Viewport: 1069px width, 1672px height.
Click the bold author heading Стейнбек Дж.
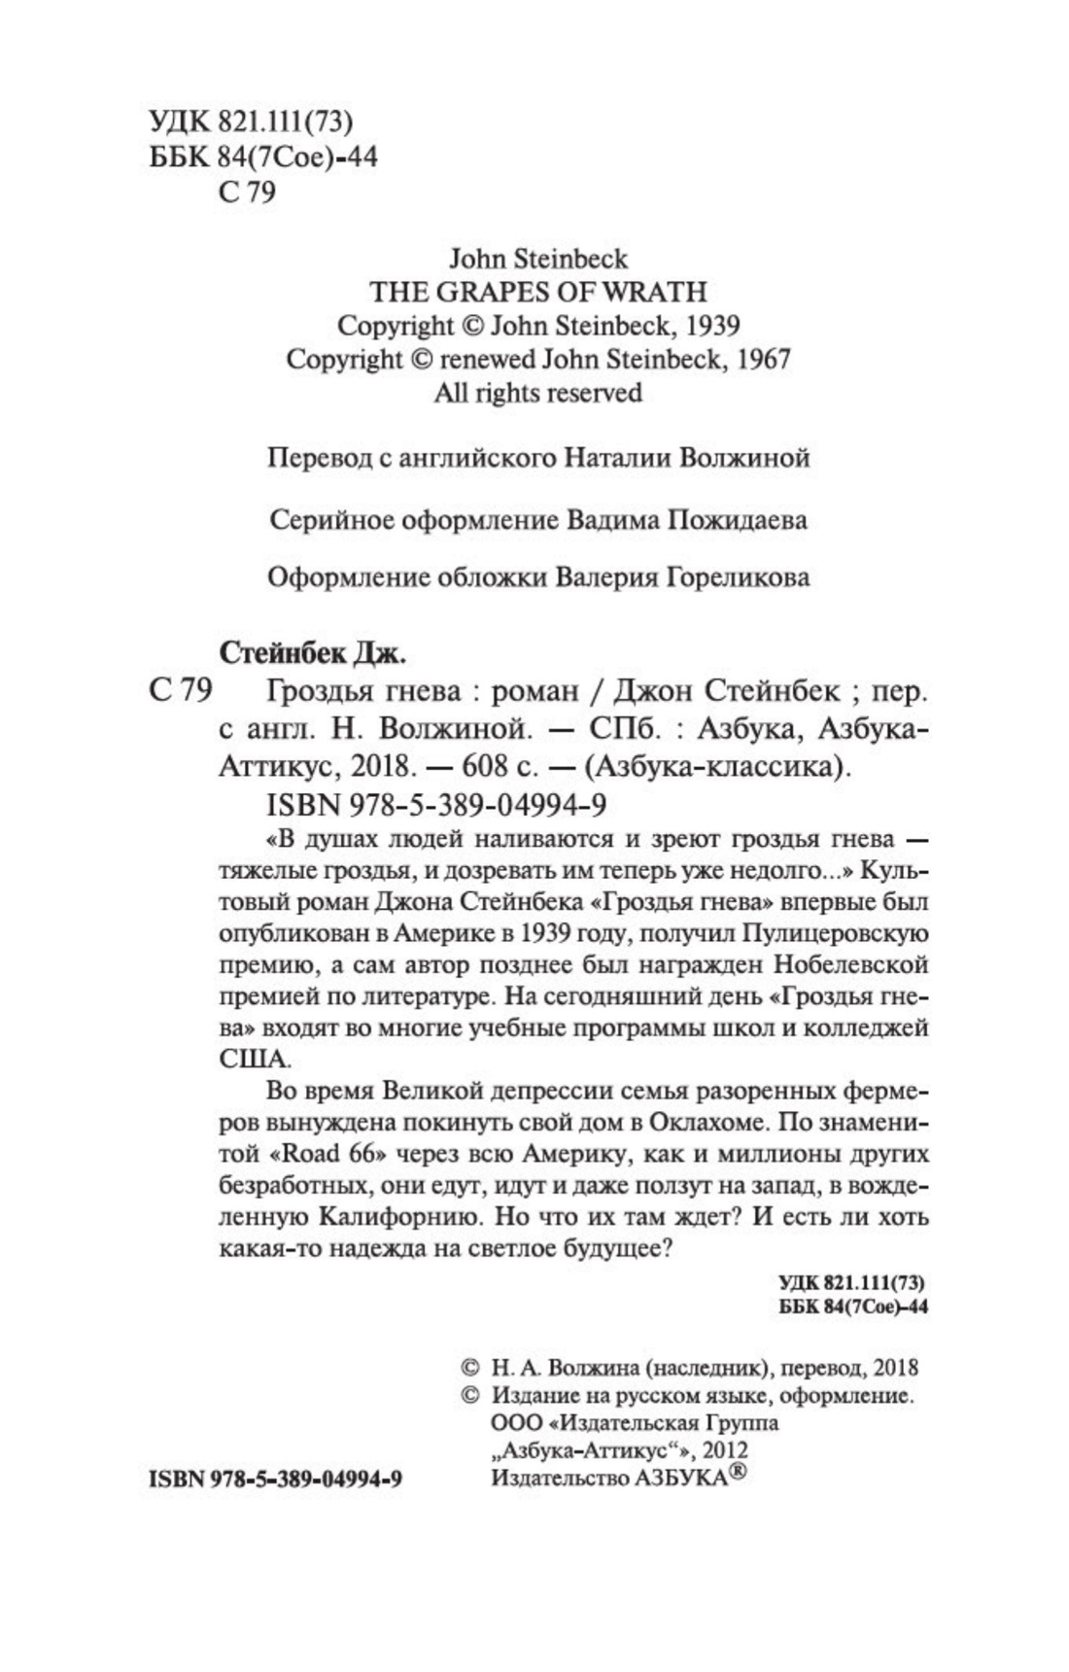click(x=312, y=653)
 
